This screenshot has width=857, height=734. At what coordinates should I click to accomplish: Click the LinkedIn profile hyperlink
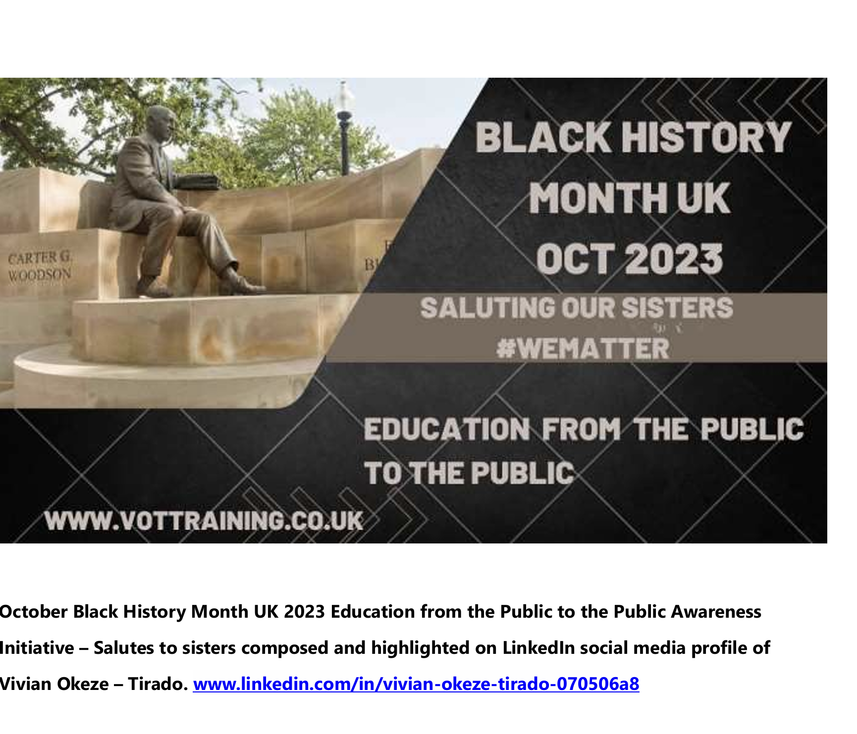[x=416, y=684]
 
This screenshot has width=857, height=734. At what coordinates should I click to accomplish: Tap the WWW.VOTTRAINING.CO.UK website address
[x=204, y=521]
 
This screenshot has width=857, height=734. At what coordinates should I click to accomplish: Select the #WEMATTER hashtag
[x=583, y=348]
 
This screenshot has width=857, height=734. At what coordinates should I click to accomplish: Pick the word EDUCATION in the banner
[x=446, y=429]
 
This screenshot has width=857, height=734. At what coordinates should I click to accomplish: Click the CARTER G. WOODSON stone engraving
[x=40, y=266]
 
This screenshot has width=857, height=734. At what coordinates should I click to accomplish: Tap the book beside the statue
[x=197, y=182]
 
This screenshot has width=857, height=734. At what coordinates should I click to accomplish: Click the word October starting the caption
[x=34, y=612]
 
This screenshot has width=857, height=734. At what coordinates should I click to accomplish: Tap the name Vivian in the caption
[x=26, y=684]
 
